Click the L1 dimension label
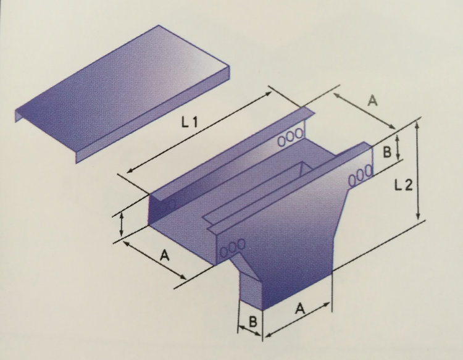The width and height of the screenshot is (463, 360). [189, 122]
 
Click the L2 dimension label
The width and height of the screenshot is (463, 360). [403, 185]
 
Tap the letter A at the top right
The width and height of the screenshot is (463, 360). [373, 101]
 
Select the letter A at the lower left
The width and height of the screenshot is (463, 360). [164, 255]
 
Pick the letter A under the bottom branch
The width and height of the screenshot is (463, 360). [299, 309]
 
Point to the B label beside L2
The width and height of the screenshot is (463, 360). [386, 152]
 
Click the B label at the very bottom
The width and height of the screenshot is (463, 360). [252, 322]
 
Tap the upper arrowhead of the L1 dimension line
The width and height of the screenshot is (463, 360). [269, 94]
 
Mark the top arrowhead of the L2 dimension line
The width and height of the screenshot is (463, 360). [417, 125]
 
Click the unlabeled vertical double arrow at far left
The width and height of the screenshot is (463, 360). [121, 225]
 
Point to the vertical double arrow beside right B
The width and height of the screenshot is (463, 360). [398, 147]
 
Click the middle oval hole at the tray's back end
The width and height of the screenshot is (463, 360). [291, 137]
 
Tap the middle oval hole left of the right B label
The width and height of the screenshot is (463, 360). [361, 175]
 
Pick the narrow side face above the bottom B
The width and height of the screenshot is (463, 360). [251, 290]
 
